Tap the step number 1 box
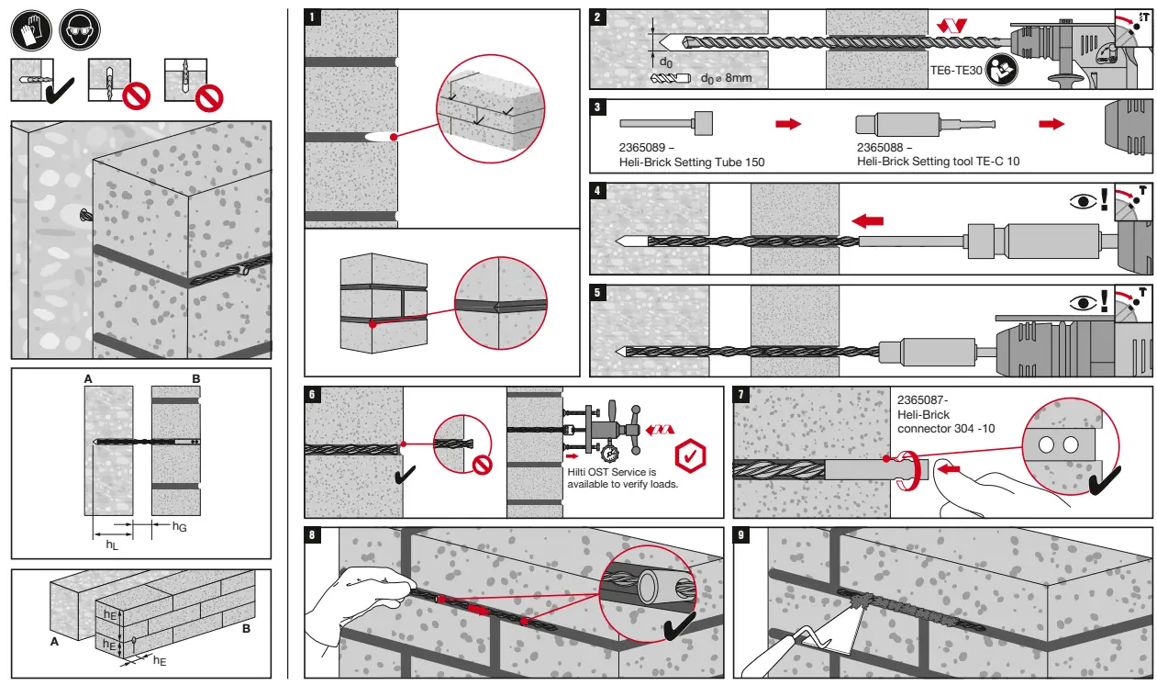[313, 17]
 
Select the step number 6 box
[313, 394]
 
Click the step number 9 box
[742, 535]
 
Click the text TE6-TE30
[956, 68]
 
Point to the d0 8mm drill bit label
[725, 78]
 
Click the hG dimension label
[180, 526]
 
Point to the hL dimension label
[112, 545]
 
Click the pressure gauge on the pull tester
[609, 453]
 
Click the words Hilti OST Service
[599, 472]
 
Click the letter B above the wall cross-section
[195, 378]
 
